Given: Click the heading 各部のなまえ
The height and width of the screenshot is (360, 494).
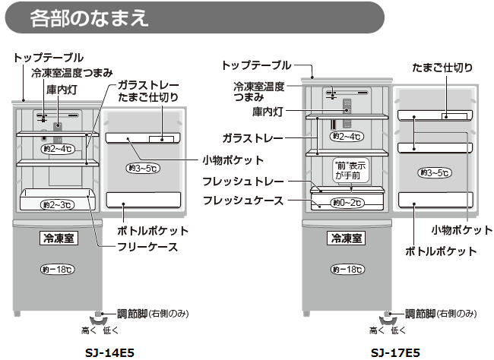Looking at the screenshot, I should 88,19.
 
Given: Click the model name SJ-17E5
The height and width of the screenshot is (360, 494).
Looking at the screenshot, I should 395,352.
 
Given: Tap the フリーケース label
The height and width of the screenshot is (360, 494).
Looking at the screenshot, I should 147,246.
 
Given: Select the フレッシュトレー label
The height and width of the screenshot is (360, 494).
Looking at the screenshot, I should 243,182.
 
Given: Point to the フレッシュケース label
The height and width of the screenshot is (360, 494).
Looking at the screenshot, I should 243,200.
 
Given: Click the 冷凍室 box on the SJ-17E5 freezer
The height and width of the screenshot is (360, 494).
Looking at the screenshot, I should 346,238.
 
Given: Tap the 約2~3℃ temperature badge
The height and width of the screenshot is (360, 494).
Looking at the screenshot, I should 58,204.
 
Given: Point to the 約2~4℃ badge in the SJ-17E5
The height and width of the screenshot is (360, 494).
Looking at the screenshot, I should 346,136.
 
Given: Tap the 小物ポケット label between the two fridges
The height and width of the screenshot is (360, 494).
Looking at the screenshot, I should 233,160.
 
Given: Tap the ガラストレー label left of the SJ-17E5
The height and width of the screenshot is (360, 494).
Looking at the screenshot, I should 253,139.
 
